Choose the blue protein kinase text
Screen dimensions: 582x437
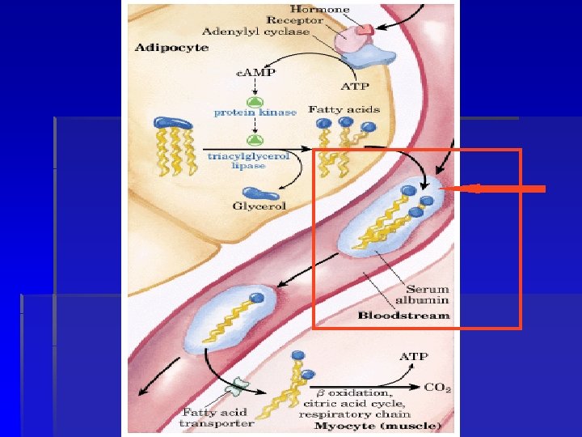[255, 112]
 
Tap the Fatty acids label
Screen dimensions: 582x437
[344, 109]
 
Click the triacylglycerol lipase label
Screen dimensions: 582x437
[248, 161]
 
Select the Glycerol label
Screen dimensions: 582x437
[259, 206]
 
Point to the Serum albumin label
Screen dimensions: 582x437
[428, 295]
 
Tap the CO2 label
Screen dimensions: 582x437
[438, 388]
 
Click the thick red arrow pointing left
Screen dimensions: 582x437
[496, 189]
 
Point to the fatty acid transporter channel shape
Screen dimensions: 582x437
[238, 386]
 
